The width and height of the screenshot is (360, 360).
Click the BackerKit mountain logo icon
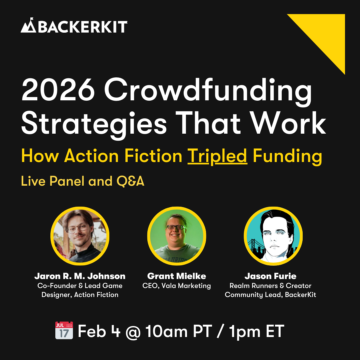tap(28, 25)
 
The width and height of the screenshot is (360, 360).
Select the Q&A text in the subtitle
tap(130, 181)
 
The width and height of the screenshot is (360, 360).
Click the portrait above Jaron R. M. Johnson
tap(80, 236)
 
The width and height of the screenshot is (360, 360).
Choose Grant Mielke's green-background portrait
tap(177, 236)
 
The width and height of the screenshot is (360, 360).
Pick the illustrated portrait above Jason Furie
tap(273, 236)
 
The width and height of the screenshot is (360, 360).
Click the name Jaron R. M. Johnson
tap(80, 276)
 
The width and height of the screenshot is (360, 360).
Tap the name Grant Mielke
tap(177, 276)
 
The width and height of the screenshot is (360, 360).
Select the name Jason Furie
tap(270, 276)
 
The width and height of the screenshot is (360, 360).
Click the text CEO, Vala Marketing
tap(177, 286)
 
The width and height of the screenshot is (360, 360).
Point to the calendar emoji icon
tap(64, 330)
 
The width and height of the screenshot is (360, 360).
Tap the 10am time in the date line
tap(166, 331)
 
